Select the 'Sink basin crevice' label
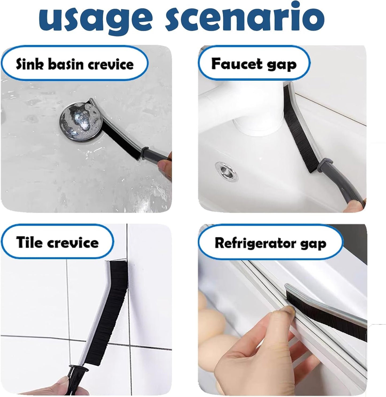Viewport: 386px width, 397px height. [x=75, y=64]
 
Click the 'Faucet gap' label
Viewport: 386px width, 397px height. [x=254, y=64]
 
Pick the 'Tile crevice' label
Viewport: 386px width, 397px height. [x=57, y=242]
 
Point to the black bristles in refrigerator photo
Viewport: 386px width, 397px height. [x=321, y=307]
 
